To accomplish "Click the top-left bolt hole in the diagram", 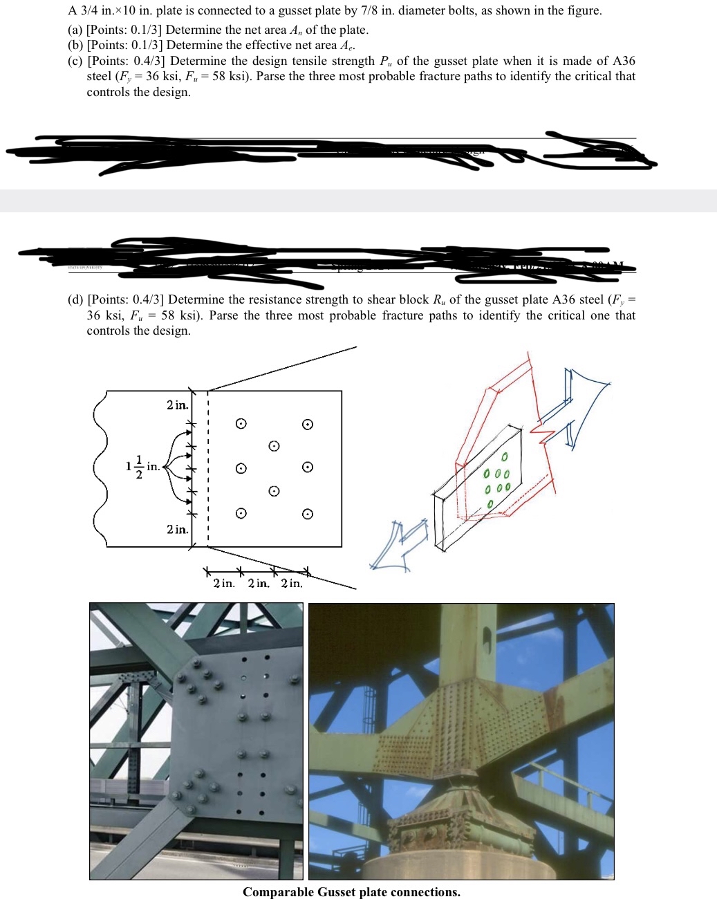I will click(241, 423).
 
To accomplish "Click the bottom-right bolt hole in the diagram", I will click(308, 514).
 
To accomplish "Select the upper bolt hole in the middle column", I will click(274, 446).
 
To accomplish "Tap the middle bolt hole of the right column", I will click(308, 467).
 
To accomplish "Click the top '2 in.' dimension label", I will click(177, 405).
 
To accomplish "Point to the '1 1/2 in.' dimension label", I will click(142, 467).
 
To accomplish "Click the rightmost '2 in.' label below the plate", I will click(291, 584).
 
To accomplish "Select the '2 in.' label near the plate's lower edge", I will click(177, 530).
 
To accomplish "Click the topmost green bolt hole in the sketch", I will click(505, 457).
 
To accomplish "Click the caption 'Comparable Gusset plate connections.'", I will click(351, 892).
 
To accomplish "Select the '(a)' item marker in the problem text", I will click(75, 30).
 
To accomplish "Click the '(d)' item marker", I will click(75, 299).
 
